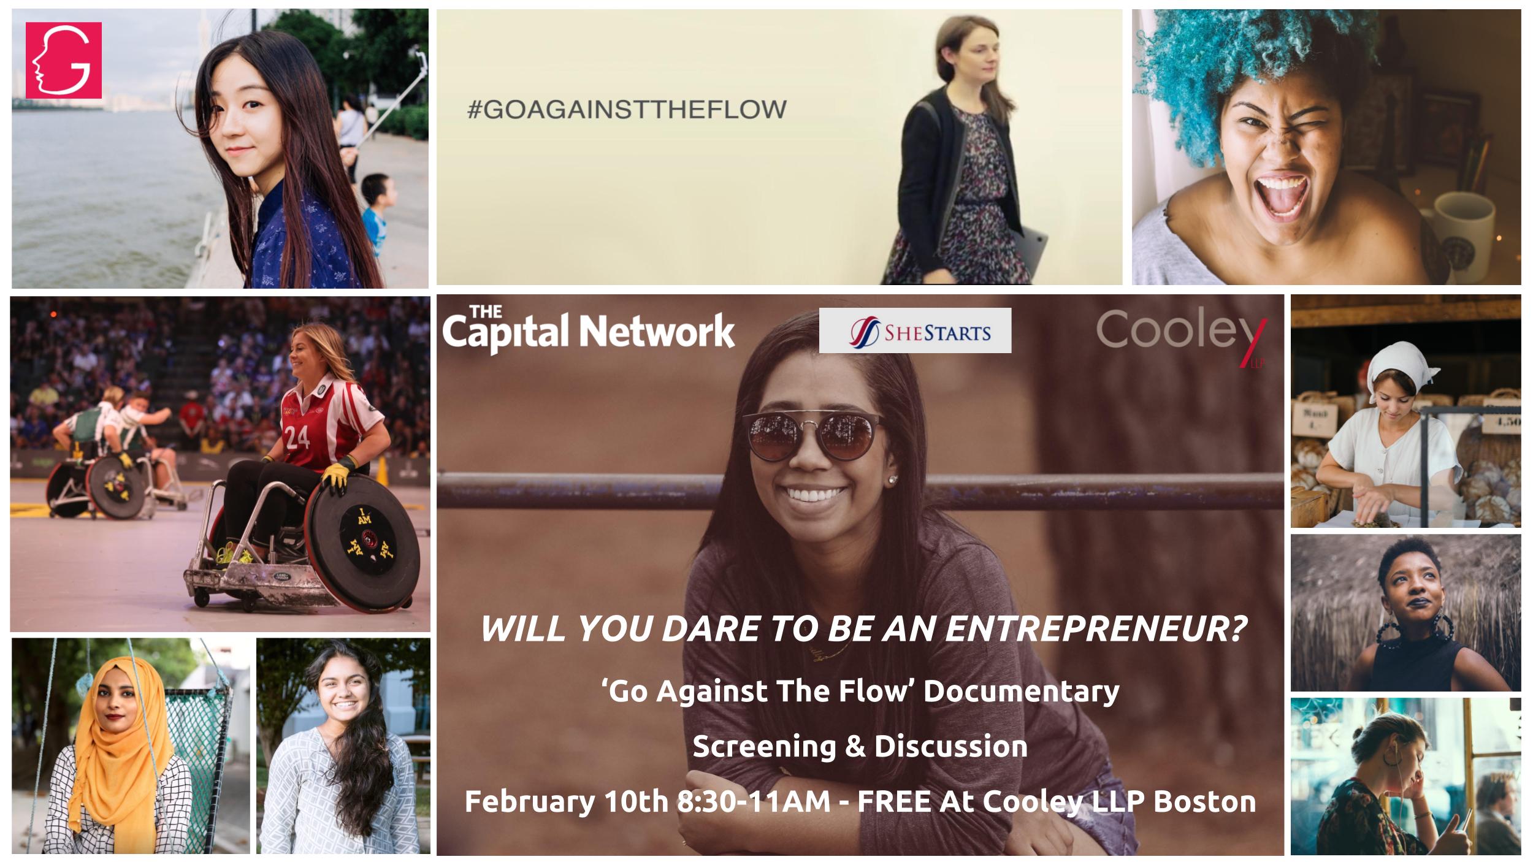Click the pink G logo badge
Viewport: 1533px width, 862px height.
(64, 60)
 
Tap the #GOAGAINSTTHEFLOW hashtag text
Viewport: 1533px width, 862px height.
(627, 110)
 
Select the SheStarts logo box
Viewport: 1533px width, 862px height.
(915, 330)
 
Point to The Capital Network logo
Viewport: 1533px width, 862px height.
(588, 329)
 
